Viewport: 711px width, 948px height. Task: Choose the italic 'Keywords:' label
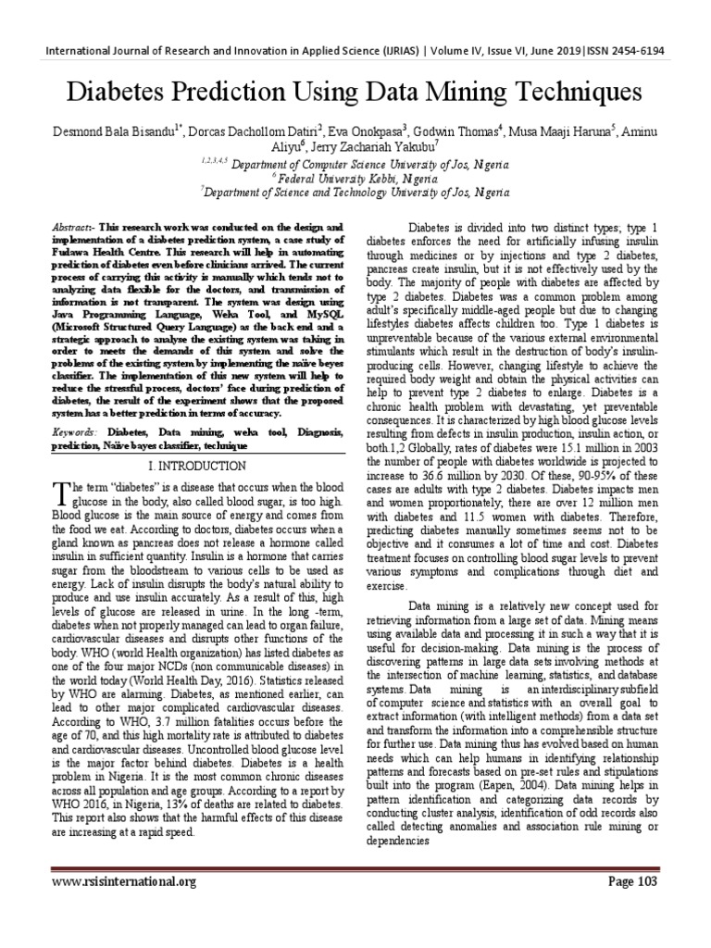coord(77,432)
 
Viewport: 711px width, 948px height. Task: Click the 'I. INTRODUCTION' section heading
coord(199,466)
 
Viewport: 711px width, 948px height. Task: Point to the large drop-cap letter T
coord(61,491)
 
